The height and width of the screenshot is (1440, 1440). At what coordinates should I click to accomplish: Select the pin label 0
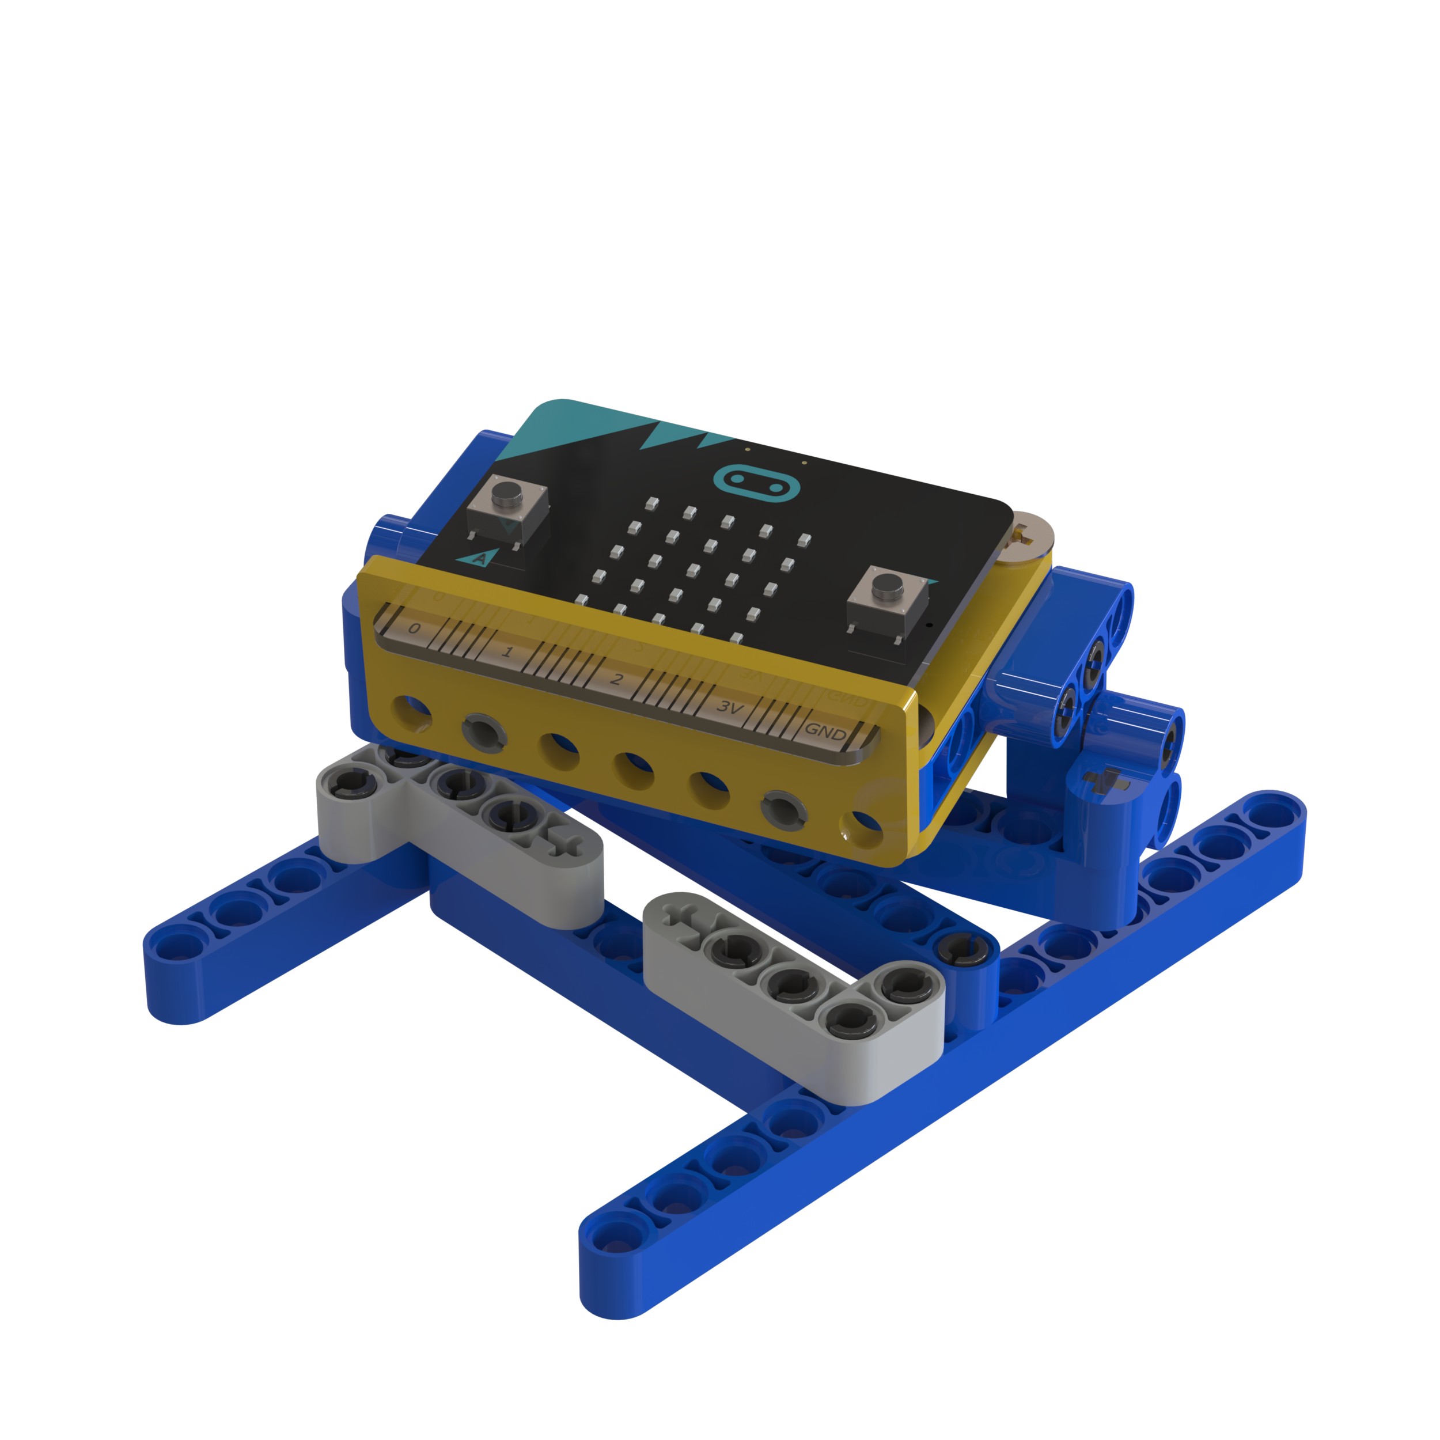(414, 628)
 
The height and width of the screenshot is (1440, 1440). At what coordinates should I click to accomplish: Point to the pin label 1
(507, 652)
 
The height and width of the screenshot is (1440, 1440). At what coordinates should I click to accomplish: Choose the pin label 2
(616, 679)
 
